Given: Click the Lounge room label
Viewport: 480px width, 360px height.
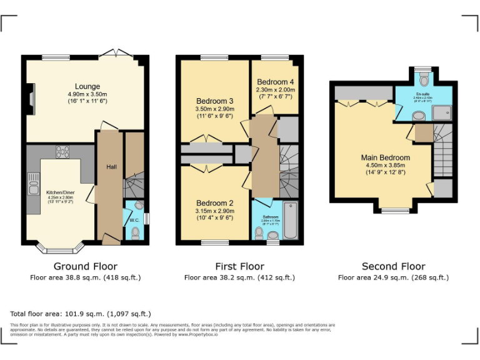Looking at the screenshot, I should point(87,86).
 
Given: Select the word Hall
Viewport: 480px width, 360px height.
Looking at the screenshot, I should point(111,167).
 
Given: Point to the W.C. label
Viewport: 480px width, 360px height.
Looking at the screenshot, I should point(134,220).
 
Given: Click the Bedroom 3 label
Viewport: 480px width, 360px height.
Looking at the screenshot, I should point(214,101).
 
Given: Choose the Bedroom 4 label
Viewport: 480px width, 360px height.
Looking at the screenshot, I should point(275,82).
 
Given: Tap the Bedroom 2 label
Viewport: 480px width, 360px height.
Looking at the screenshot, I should point(214,203).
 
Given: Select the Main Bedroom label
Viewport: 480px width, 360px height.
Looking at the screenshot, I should point(385,157).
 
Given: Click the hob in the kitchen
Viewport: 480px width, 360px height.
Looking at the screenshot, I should point(63,151).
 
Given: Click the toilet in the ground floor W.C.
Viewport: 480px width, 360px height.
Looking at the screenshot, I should point(136,233).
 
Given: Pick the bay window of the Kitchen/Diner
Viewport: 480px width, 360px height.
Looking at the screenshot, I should point(60,248).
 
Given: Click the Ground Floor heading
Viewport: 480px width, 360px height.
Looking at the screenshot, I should point(85,267).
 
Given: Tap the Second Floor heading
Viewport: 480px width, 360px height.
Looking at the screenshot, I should point(393,267).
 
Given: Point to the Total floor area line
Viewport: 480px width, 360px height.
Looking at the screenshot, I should point(81,314).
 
